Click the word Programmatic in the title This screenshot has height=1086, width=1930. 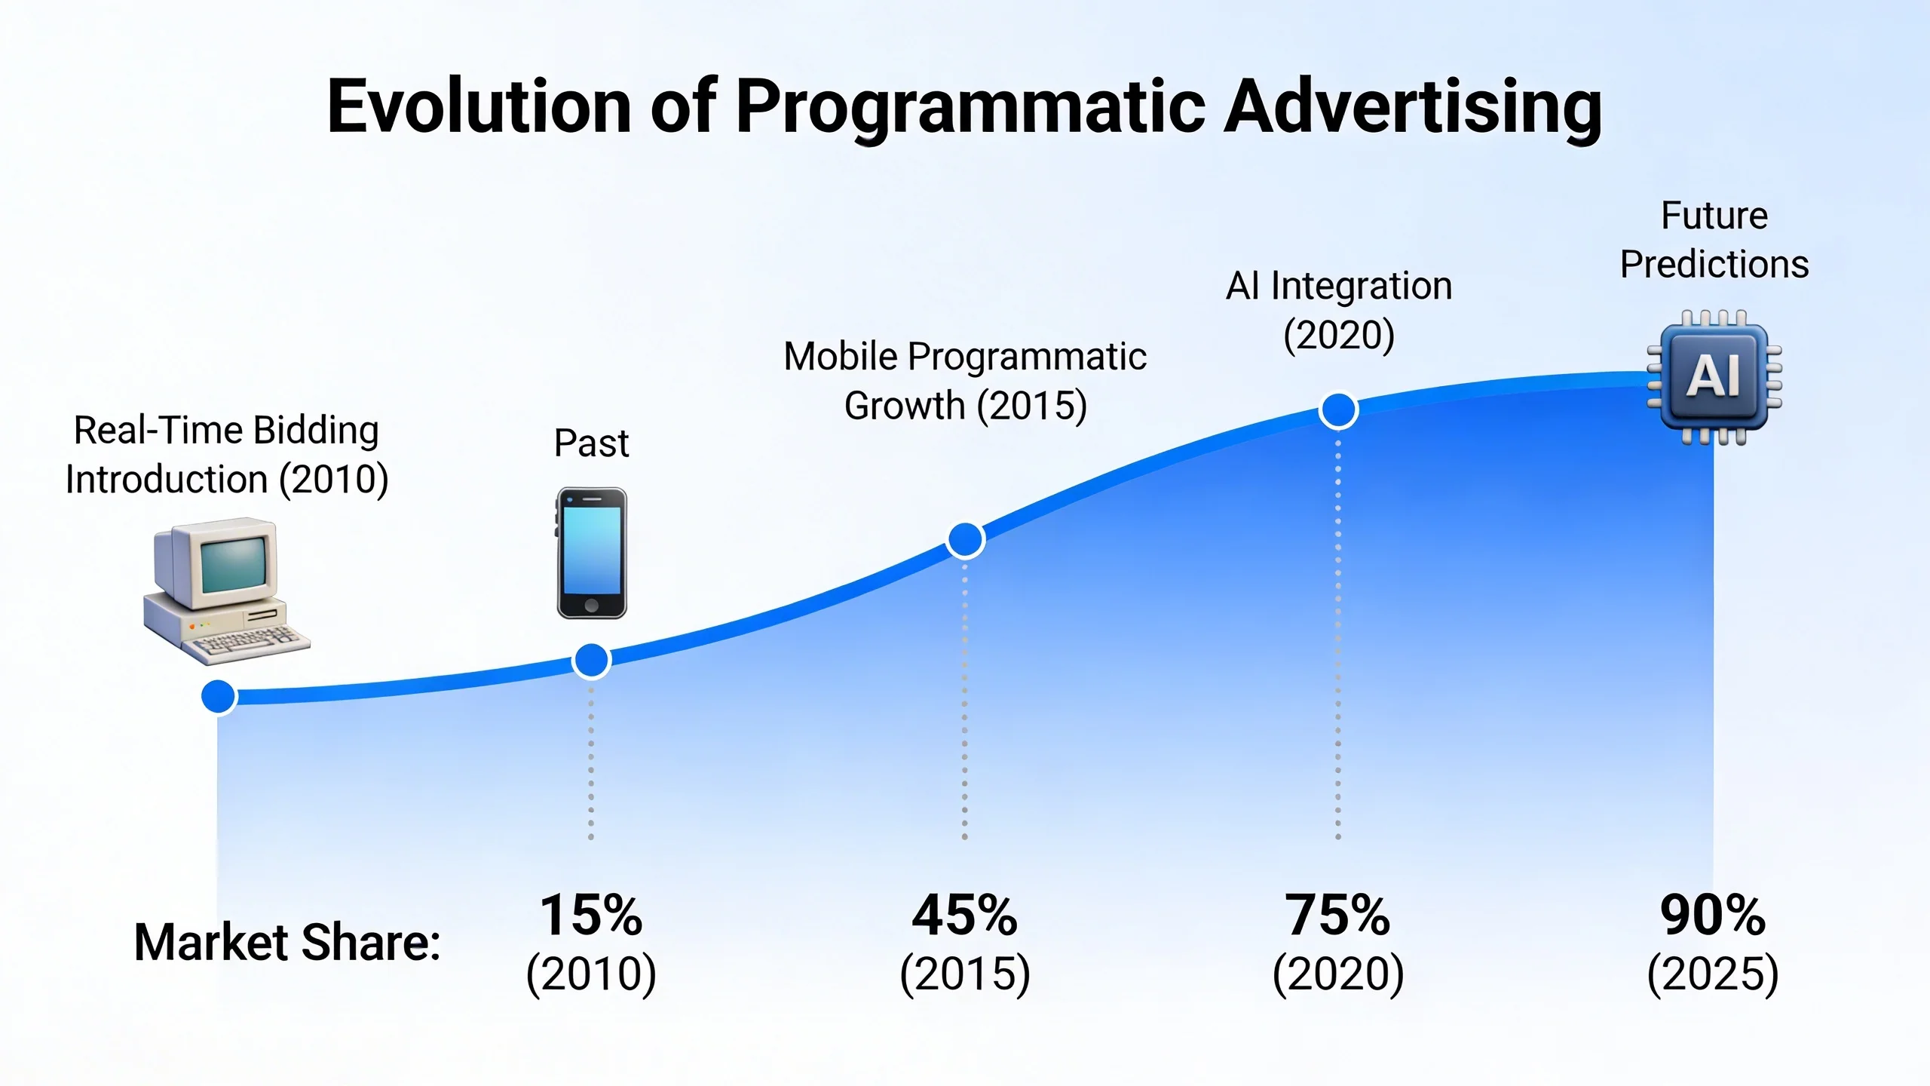coord(970,107)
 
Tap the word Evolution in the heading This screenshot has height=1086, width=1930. coord(479,107)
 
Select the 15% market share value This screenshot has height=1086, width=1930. coord(590,915)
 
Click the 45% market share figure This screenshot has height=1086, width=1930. coord(964,915)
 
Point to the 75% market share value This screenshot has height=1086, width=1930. coord(1337,915)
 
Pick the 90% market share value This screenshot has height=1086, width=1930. coord(1712,915)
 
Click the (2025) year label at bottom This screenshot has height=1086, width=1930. coord(1712,974)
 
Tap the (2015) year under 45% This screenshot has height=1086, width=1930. coord(964,974)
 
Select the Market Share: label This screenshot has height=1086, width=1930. coord(286,943)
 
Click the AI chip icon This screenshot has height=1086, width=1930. coord(1714,376)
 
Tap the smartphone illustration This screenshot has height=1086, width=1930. coord(592,552)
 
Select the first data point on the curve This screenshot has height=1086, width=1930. coord(219,696)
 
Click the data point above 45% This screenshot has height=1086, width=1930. coord(965,539)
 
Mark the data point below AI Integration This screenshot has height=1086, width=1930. coord(1338,410)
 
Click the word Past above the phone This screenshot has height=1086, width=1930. coord(591,443)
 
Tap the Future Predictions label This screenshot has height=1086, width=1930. coord(1714,240)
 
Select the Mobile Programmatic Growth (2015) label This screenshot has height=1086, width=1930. coord(965,381)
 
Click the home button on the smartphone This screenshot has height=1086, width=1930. coord(592,605)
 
